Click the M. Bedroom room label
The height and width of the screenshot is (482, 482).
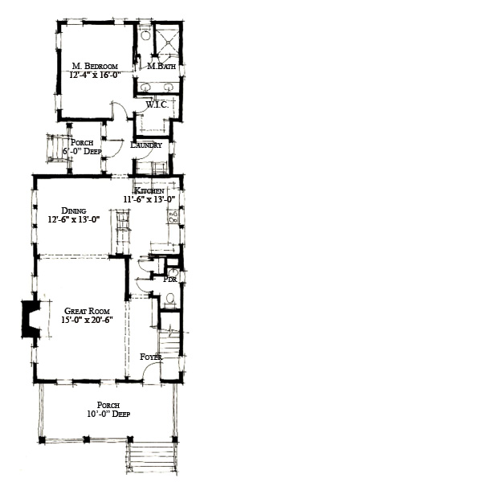[96, 66]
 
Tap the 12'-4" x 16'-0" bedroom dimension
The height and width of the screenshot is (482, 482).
[96, 75]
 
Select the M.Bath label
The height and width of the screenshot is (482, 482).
[161, 67]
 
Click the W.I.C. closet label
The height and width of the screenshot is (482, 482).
[156, 104]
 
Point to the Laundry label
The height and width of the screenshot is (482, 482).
[146, 145]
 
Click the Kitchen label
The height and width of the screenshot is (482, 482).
[161, 190]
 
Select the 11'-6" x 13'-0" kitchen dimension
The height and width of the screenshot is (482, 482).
[149, 199]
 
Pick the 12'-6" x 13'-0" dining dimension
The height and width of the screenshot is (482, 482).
[74, 219]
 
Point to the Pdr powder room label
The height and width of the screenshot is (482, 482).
[170, 280]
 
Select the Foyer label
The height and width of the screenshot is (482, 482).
[151, 356]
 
